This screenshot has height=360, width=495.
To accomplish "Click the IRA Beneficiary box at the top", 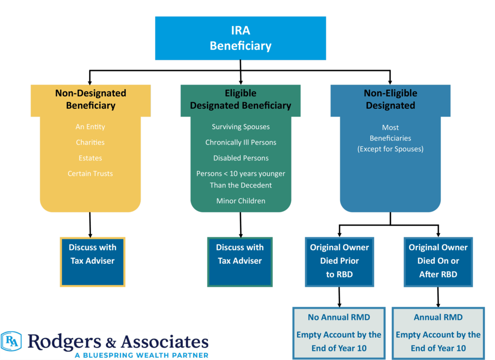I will coord(240,39).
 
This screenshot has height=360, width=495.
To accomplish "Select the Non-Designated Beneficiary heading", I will coord(90,99).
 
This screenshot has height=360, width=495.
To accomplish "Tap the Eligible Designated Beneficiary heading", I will coord(240,99).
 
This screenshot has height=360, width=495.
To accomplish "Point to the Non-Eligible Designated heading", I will coord(391,99).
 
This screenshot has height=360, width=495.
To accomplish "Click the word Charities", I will coord(90,143).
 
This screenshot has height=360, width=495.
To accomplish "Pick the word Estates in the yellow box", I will coord(90,158).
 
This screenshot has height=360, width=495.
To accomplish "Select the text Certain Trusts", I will coord(90,173).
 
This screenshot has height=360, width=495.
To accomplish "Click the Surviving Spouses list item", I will coord(241,127).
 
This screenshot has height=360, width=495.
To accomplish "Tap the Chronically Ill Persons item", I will coord(241,143).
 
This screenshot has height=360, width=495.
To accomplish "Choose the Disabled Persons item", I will coord(241,158).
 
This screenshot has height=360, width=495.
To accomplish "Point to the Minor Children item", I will coord(241,201).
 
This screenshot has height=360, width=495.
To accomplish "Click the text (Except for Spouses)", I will coord(391,149).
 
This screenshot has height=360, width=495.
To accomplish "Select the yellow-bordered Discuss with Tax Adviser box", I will coord(92,262).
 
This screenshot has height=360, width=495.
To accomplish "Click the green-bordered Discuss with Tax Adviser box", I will coord(240,262).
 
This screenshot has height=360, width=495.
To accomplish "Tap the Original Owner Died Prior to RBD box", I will coord(339,261).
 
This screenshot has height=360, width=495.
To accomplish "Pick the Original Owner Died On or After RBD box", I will coord(438,261).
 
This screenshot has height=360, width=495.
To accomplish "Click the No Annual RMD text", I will coord(339,317).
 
